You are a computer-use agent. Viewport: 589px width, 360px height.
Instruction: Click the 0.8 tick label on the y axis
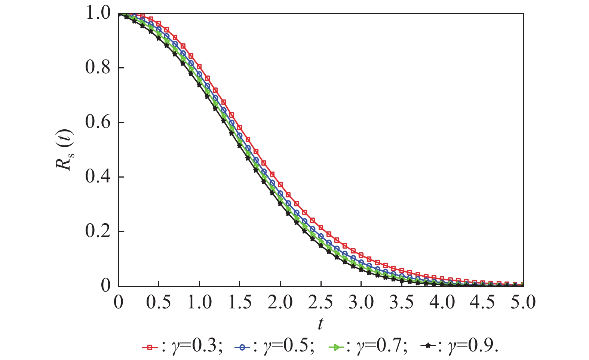click(98, 68)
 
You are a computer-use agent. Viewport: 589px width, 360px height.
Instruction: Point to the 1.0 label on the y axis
click(98, 13)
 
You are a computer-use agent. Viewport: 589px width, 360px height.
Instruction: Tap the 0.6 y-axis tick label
click(98, 123)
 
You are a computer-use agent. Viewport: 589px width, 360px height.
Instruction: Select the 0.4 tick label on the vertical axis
click(98, 177)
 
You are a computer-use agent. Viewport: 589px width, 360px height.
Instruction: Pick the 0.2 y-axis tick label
click(98, 231)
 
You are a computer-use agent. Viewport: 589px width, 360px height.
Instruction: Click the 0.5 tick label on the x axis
click(159, 302)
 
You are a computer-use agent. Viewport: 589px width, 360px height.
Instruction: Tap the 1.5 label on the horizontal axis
click(240, 302)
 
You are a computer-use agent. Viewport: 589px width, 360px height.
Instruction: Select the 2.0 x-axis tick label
click(280, 302)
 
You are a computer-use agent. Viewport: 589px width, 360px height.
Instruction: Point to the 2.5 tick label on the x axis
click(320, 302)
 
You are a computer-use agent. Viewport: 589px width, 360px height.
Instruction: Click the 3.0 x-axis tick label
click(361, 302)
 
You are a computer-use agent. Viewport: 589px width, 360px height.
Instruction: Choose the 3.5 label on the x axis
click(402, 302)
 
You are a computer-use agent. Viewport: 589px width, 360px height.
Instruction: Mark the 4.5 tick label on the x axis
click(483, 302)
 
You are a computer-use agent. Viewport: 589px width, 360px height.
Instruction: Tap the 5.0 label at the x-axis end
click(523, 302)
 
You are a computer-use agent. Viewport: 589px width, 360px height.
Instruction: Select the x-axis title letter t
click(320, 324)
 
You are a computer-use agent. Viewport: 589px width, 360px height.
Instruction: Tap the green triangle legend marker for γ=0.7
click(336, 347)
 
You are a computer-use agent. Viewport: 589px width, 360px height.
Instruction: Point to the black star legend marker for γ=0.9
click(429, 347)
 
